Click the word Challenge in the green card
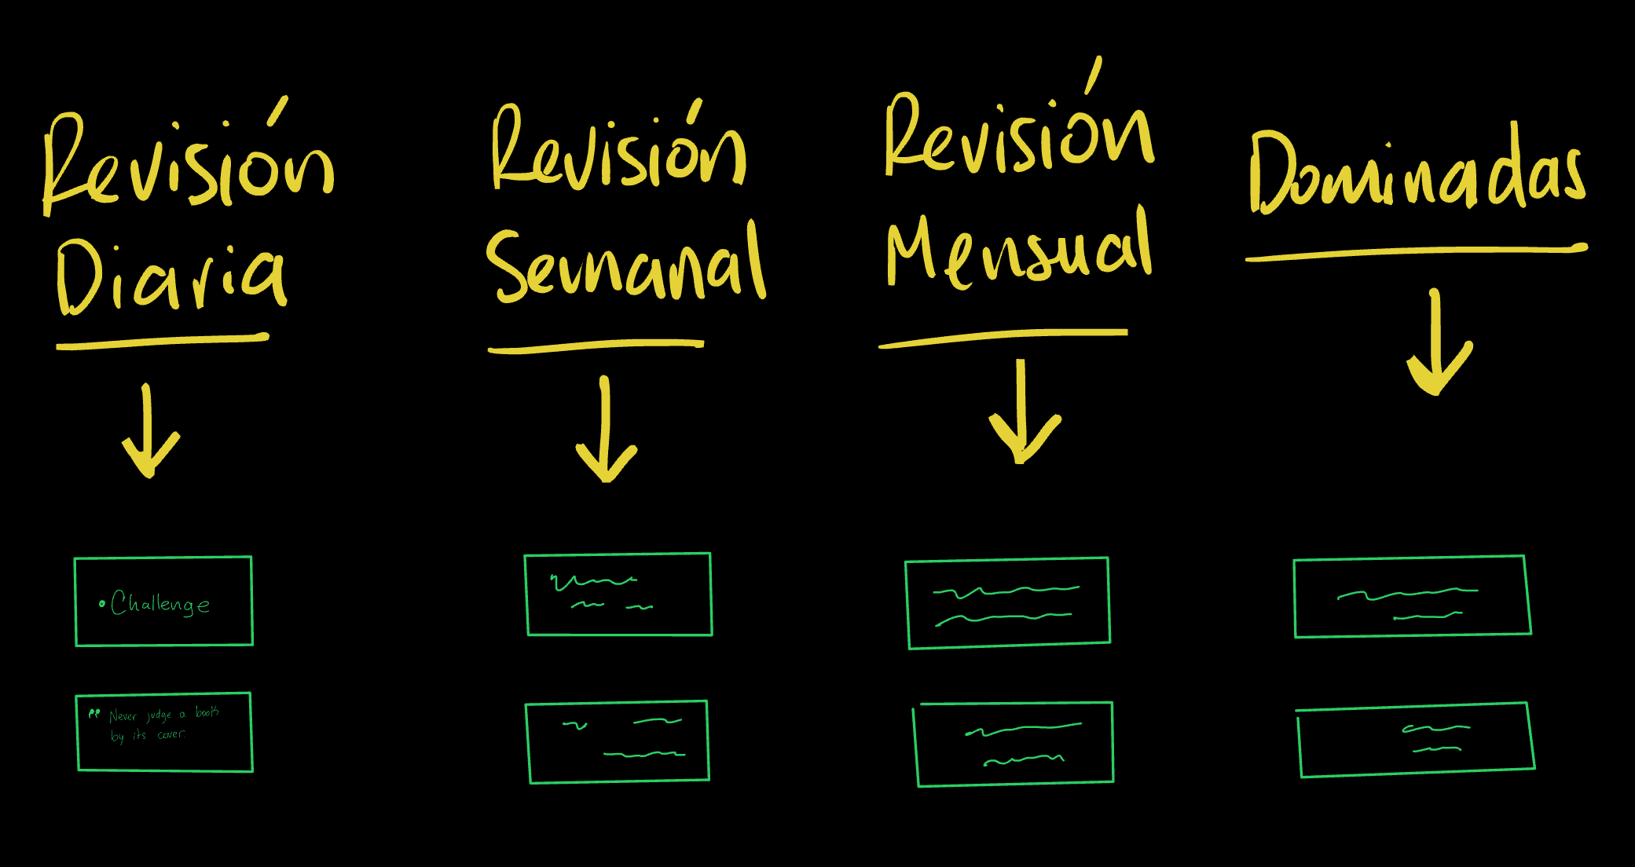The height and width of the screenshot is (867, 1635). pos(160,603)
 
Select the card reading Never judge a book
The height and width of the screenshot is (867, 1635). pos(164,732)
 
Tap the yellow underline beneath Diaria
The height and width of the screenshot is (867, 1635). pos(163,341)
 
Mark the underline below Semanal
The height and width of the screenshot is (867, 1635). pos(596,346)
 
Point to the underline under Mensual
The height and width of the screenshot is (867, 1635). pos(1003,336)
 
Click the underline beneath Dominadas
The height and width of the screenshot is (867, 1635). pos(1416,252)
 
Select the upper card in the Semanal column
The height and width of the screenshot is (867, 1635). pos(618,594)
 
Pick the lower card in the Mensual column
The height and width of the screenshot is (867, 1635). pos(1014,744)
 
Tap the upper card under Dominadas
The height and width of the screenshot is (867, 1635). pos(1412,596)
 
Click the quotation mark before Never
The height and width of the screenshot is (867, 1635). pos(94,714)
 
